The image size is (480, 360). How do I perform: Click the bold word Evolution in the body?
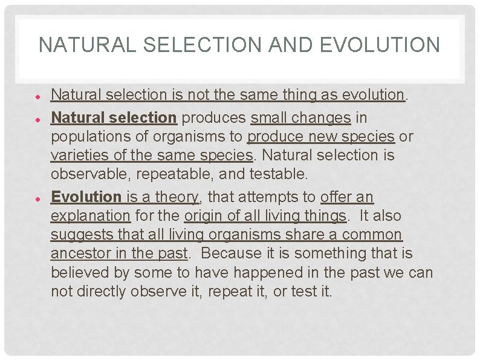pos(86,197)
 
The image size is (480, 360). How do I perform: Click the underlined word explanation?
pos(91,216)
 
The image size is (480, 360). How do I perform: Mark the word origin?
pos(203,216)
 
